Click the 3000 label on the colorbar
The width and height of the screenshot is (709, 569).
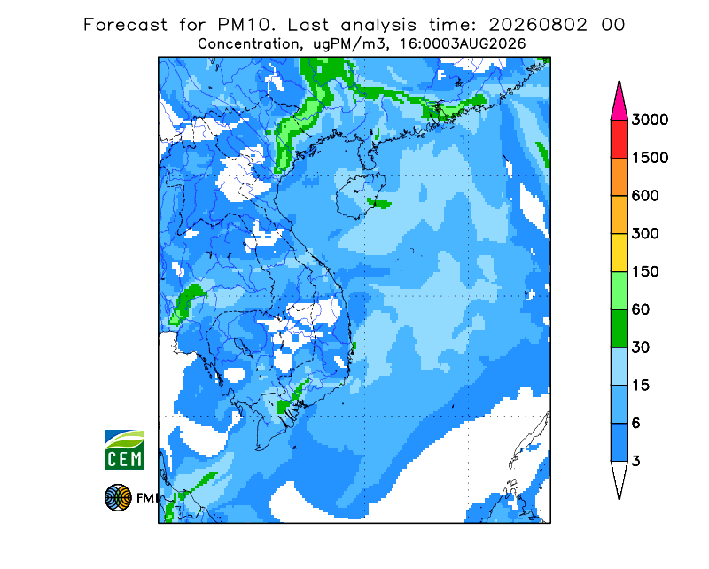tap(650, 120)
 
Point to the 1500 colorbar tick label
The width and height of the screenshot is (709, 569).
tap(650, 158)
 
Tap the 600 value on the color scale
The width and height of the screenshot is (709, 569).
tap(645, 196)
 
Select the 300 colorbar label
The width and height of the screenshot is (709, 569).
tap(645, 234)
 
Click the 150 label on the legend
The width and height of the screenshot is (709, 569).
tap(645, 271)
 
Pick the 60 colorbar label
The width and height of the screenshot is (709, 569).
tap(641, 309)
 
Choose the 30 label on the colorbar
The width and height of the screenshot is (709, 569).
tap(641, 347)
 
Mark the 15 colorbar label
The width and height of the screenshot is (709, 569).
tap(641, 386)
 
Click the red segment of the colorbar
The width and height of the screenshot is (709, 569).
tap(619, 139)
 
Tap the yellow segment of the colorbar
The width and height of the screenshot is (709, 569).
tap(619, 253)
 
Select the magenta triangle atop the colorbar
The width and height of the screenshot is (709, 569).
tap(619, 103)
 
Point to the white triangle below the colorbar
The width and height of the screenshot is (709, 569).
tap(619, 477)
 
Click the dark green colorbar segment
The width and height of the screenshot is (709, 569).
tap(619, 329)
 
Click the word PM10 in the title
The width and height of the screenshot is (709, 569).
tap(245, 25)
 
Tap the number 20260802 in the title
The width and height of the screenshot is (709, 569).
tap(538, 25)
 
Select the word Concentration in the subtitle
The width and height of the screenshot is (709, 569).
tap(249, 44)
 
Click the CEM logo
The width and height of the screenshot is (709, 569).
tap(124, 449)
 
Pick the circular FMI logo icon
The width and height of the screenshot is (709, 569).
tap(118, 497)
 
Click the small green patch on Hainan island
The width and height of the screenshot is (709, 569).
tap(379, 204)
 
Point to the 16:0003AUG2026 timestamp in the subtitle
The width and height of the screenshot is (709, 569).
tap(463, 44)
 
